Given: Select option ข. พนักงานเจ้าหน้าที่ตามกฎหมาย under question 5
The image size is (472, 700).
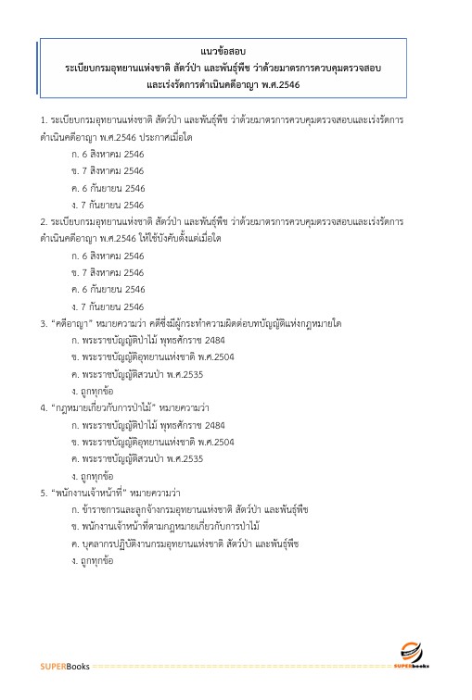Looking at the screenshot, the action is tap(167, 527).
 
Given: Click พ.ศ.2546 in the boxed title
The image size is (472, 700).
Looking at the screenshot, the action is tap(281, 85).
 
